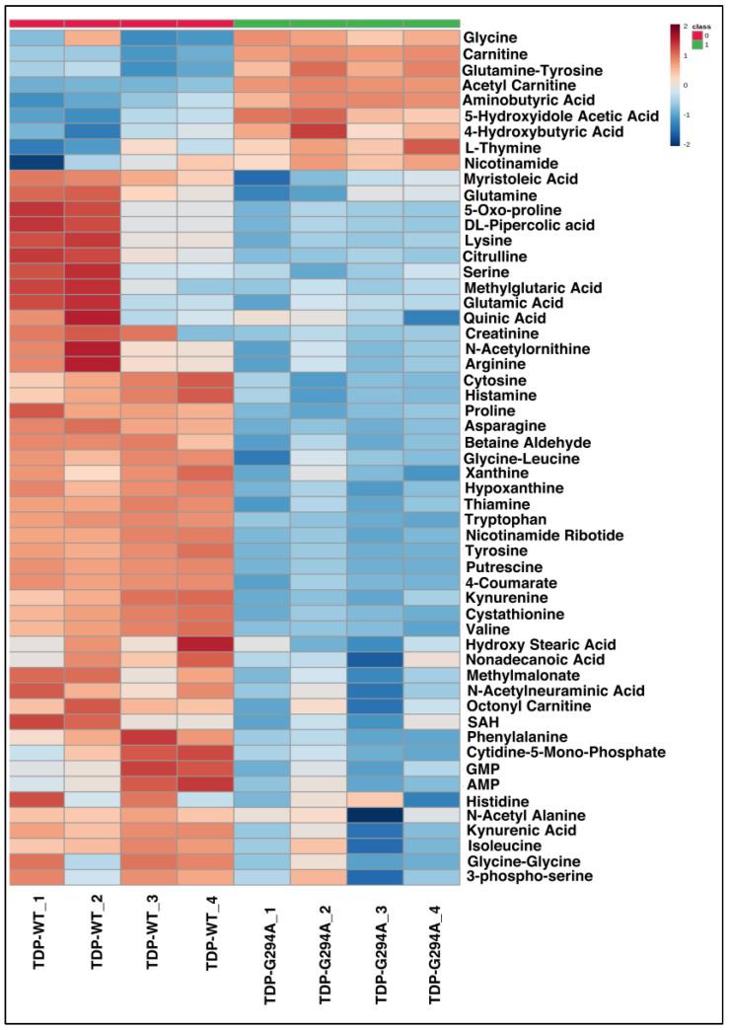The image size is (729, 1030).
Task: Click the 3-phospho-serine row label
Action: pyautogui.click(x=528, y=876)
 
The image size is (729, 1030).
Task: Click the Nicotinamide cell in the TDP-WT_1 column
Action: pyautogui.click(x=37, y=163)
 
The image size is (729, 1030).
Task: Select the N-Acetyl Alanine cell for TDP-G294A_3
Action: pyautogui.click(x=376, y=814)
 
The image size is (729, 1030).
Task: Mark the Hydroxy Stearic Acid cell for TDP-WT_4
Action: pyautogui.click(x=206, y=644)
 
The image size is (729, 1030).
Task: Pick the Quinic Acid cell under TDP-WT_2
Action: pyautogui.click(x=94, y=319)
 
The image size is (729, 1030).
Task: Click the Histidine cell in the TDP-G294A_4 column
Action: pyautogui.click(x=431, y=799)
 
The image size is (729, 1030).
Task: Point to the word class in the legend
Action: pyautogui.click(x=702, y=26)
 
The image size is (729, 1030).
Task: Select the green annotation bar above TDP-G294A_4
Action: pyautogui.click(x=431, y=22)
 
